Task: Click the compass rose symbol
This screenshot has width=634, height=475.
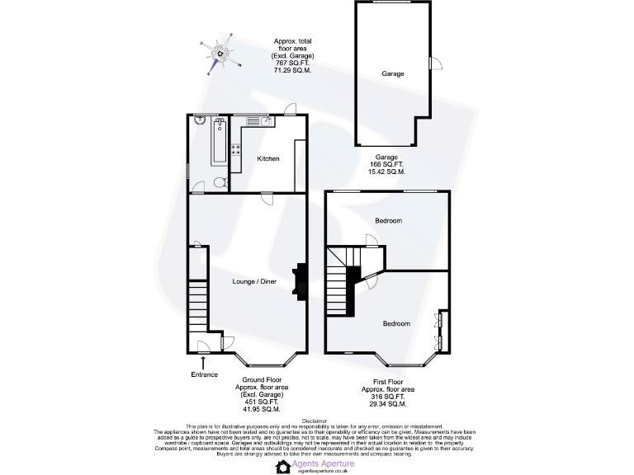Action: (220, 52)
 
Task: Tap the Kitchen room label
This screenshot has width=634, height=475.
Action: (268, 158)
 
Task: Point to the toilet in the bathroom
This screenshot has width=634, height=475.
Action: (217, 182)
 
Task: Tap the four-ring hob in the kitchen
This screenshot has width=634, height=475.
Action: (236, 150)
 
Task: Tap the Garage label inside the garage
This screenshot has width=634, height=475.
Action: (393, 73)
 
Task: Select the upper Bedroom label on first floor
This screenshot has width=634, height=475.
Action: (388, 221)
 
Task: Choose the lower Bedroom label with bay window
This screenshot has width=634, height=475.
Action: (395, 323)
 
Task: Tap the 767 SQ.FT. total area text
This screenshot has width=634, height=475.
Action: (293, 63)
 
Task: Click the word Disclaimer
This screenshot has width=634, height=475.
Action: (316, 420)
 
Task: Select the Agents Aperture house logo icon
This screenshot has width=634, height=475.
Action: (282, 467)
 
